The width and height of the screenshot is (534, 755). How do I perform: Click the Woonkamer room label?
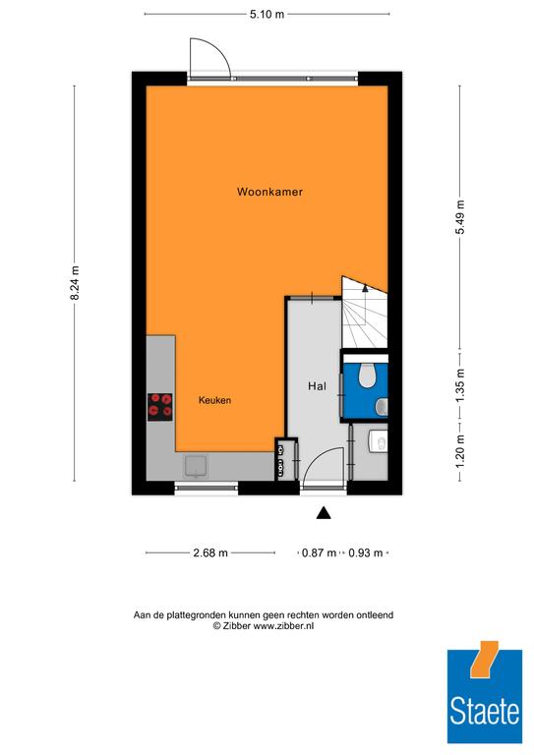point(269,192)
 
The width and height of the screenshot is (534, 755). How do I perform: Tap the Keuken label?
point(214,400)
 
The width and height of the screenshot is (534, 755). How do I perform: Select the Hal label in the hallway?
point(317,385)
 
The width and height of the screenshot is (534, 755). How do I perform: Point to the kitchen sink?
point(196,466)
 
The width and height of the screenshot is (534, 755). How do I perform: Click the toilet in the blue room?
point(369,375)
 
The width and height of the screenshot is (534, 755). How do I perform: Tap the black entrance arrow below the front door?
point(324,513)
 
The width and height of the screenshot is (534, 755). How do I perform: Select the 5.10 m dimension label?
point(267,14)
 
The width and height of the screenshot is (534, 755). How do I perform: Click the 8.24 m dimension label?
point(75,283)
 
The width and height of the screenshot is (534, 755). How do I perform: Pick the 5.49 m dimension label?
point(460,216)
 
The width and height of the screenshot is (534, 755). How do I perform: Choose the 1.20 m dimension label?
point(460,450)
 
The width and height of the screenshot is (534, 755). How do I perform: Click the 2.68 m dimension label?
point(210,552)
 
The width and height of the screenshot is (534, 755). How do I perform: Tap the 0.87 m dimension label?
point(319,552)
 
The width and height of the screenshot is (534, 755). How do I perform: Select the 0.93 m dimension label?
point(366,552)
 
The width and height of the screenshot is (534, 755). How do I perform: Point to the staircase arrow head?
point(365,288)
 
